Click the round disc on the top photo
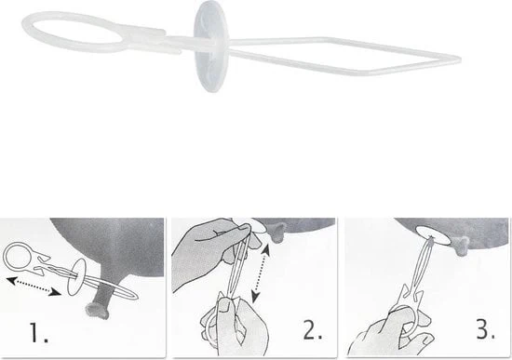pyautogui.click(x=211, y=46)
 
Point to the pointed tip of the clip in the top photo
pyautogui.click(x=460, y=60)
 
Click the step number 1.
pyautogui.click(x=38, y=332)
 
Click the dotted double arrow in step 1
pyautogui.click(x=34, y=287)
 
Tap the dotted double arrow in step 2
pyautogui.click(x=262, y=273)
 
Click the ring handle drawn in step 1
pyautogui.click(x=17, y=254)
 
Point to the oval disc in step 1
pyautogui.click(x=77, y=277)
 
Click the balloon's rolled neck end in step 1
pyautogui.click(x=97, y=311)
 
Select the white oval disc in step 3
pyautogui.click(x=434, y=235)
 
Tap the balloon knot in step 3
pyautogui.click(x=461, y=247)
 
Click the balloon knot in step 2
pyautogui.click(x=276, y=233)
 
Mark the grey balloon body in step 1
pyautogui.click(x=111, y=248)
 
